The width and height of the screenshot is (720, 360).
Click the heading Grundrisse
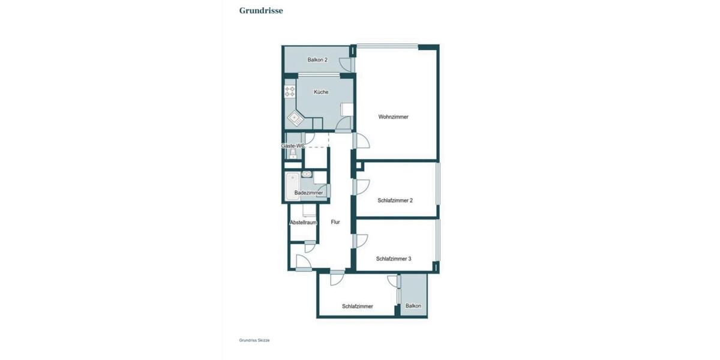click(x=261, y=10)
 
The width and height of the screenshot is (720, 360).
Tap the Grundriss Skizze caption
click(x=254, y=340)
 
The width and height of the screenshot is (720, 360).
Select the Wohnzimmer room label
click(x=393, y=117)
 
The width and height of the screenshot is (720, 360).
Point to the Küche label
click(x=321, y=92)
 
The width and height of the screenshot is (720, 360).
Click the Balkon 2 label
click(x=317, y=60)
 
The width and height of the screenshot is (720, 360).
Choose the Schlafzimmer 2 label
click(x=395, y=200)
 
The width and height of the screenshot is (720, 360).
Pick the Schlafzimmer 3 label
click(x=394, y=259)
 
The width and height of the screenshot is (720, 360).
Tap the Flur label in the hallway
click(x=335, y=222)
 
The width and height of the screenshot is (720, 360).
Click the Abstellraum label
click(x=303, y=223)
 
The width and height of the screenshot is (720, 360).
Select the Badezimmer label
click(x=308, y=193)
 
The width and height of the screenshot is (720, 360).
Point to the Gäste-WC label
click(x=293, y=146)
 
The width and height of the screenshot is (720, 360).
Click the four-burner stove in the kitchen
click(x=290, y=92)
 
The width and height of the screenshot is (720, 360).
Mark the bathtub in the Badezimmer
click(x=292, y=186)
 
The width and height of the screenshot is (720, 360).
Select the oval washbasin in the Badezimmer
click(x=307, y=175)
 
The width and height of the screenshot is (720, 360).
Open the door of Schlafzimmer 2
click(x=362, y=187)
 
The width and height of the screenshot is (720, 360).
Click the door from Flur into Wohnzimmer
click(x=362, y=142)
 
